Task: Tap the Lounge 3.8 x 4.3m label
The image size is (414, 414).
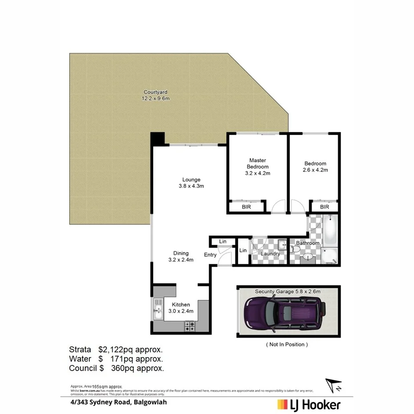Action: pyautogui.click(x=188, y=183)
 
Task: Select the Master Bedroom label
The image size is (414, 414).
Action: pyautogui.click(x=258, y=167)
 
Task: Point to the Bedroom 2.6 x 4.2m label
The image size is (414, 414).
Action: pyautogui.click(x=315, y=167)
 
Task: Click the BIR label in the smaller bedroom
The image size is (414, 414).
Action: pyautogui.click(x=324, y=207)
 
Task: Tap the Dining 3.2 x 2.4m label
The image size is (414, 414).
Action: pyautogui.click(x=181, y=257)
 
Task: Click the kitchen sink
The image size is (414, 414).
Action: pyautogui.click(x=158, y=308)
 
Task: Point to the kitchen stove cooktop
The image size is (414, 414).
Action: pyautogui.click(x=190, y=326)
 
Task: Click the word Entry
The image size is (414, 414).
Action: pyautogui.click(x=210, y=255)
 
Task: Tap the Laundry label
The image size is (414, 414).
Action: pyautogui.click(x=271, y=254)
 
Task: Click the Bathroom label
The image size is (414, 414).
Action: pyautogui.click(x=308, y=243)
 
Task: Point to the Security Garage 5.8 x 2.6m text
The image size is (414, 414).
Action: pyautogui.click(x=287, y=291)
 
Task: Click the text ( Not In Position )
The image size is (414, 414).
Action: pyautogui.click(x=287, y=344)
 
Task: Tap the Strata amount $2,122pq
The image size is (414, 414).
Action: pyautogui.click(x=117, y=349)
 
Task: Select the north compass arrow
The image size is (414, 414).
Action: pyautogui.click(x=334, y=385)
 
